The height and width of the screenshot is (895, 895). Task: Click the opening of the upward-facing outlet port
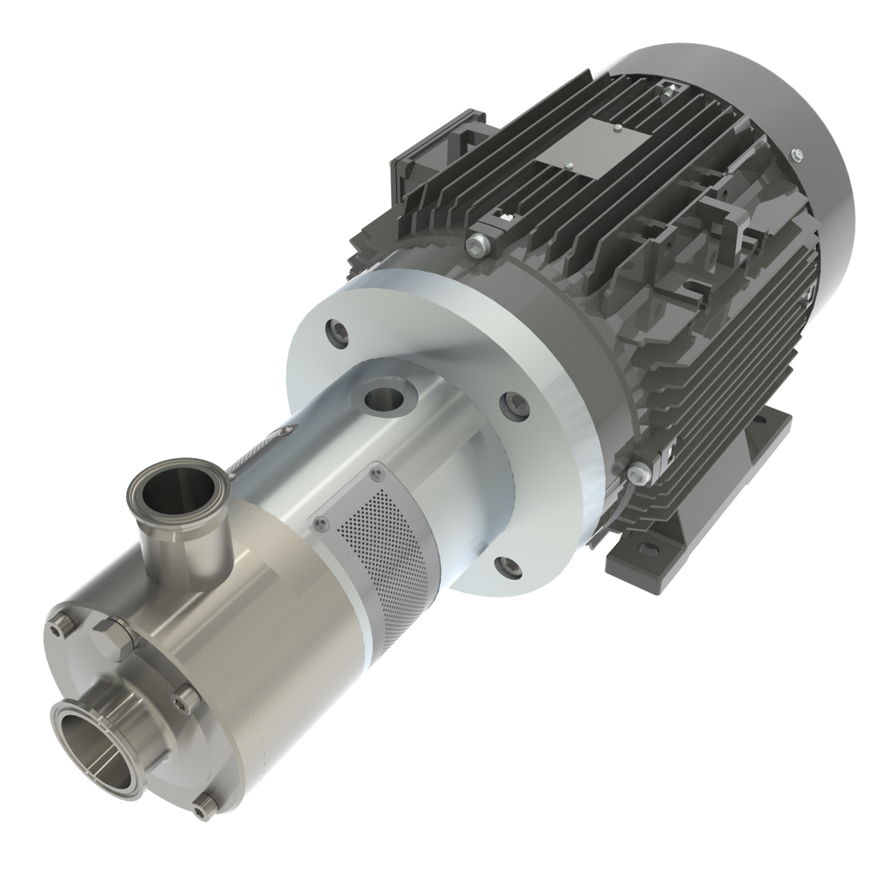pos(166,492)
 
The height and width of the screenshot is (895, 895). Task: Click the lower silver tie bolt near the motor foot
pos(638,470)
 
